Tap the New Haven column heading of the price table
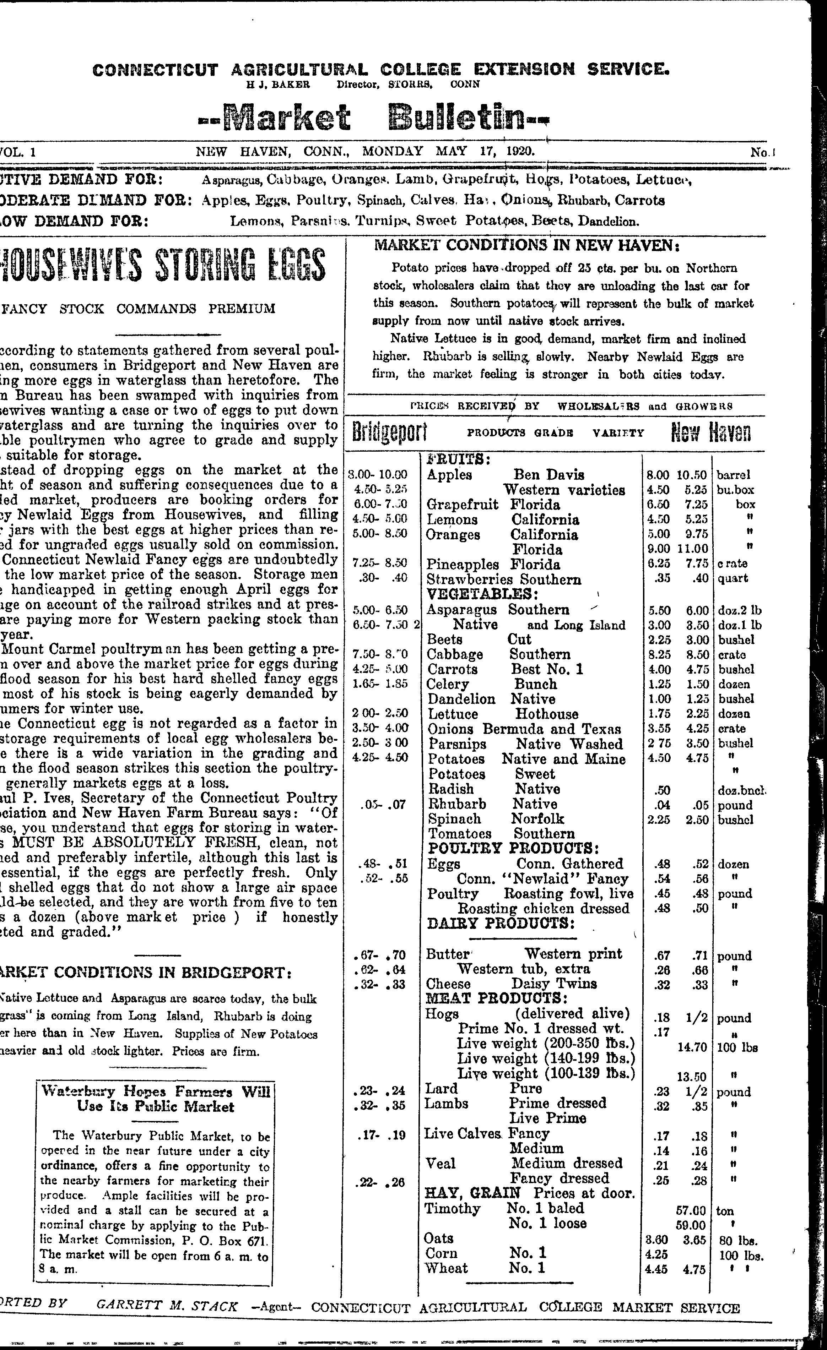pos(711,432)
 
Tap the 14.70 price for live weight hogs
pos(691,1047)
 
